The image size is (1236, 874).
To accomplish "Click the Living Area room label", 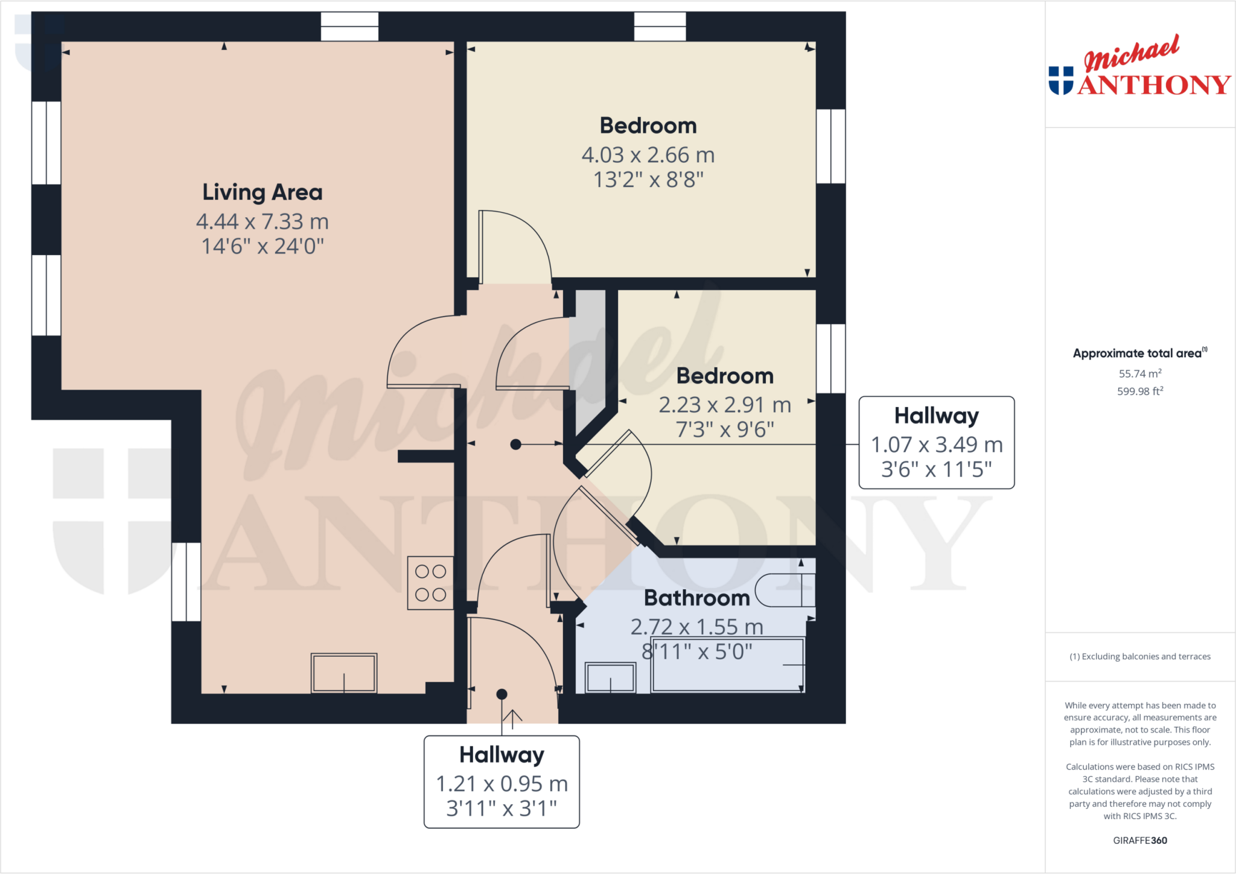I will click(x=262, y=192).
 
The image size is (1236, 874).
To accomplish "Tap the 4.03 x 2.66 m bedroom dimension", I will click(x=648, y=155).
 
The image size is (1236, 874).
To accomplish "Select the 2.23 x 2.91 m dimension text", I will click(x=724, y=405).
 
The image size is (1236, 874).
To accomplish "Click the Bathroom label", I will click(x=696, y=598).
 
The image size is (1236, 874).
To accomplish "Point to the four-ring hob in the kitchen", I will click(x=430, y=583).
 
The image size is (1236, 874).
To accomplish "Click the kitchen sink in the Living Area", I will click(x=344, y=673).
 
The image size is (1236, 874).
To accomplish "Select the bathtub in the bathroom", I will click(x=727, y=665).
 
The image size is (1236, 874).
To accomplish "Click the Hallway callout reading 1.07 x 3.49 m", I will click(x=936, y=443).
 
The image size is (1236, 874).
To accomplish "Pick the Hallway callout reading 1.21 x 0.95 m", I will click(x=502, y=782).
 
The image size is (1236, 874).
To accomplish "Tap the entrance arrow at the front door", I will click(x=512, y=718).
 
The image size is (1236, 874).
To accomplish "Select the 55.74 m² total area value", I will click(x=1139, y=373).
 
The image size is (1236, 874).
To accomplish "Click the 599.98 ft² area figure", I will click(x=1139, y=391).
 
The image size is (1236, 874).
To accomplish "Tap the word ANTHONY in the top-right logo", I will click(x=1154, y=85).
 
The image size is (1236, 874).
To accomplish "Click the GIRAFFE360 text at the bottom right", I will click(x=1139, y=840).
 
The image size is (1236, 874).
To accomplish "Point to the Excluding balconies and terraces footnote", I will click(x=1139, y=656).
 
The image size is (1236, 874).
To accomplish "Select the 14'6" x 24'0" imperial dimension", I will click(x=262, y=247).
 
